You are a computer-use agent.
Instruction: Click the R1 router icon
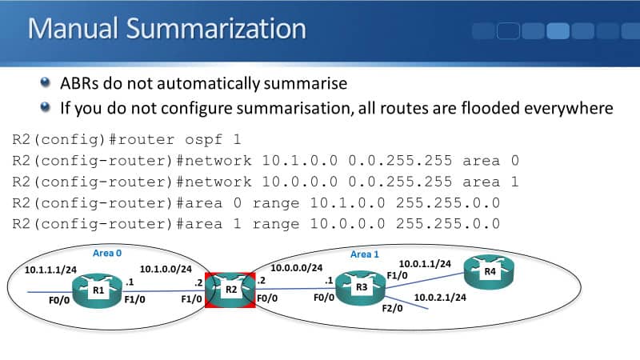[98, 289]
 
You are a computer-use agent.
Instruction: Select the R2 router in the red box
[230, 290]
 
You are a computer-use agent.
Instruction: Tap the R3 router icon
[360, 289]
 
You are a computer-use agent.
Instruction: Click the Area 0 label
[106, 253]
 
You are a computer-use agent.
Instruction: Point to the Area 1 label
[366, 254]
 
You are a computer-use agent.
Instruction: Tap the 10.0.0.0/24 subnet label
[297, 269]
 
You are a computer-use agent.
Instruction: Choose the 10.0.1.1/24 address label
[425, 263]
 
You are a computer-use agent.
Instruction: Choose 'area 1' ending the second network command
[492, 182]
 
